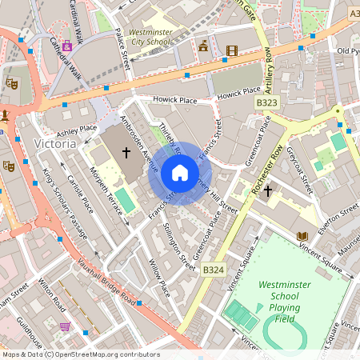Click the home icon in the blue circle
pyautogui.click(x=179, y=173)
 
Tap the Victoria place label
pyautogui.click(x=55, y=143)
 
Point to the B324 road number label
pyautogui.click(x=213, y=270)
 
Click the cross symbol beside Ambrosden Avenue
pyautogui.click(x=126, y=150)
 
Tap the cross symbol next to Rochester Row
pyautogui.click(x=268, y=190)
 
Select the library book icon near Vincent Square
pyautogui.click(x=302, y=236)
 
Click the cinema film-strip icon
pyautogui.click(x=232, y=51)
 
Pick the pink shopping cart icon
pyautogui.click(x=65, y=326)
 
